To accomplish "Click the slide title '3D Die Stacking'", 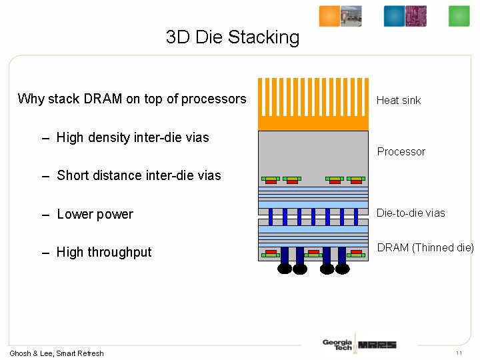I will click(233, 37).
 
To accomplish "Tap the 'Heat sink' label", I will click(399, 101).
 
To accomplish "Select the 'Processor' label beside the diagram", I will click(401, 152).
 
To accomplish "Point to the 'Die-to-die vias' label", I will click(411, 213).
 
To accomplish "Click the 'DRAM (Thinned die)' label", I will click(425, 248).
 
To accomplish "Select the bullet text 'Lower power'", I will click(95, 215).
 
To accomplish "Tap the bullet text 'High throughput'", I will click(104, 253).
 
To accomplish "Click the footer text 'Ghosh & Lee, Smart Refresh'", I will click(57, 353).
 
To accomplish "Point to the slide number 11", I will click(459, 353).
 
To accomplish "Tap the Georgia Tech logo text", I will click(337, 344).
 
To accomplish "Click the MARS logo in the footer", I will click(377, 345).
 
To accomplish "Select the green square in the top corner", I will click(459, 16).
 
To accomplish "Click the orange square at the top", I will click(329, 16).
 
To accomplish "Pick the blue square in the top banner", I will click(394, 16).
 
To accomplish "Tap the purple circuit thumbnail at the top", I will click(416, 16).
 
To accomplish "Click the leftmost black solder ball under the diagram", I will click(285, 269).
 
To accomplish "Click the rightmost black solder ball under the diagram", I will click(343, 269).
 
